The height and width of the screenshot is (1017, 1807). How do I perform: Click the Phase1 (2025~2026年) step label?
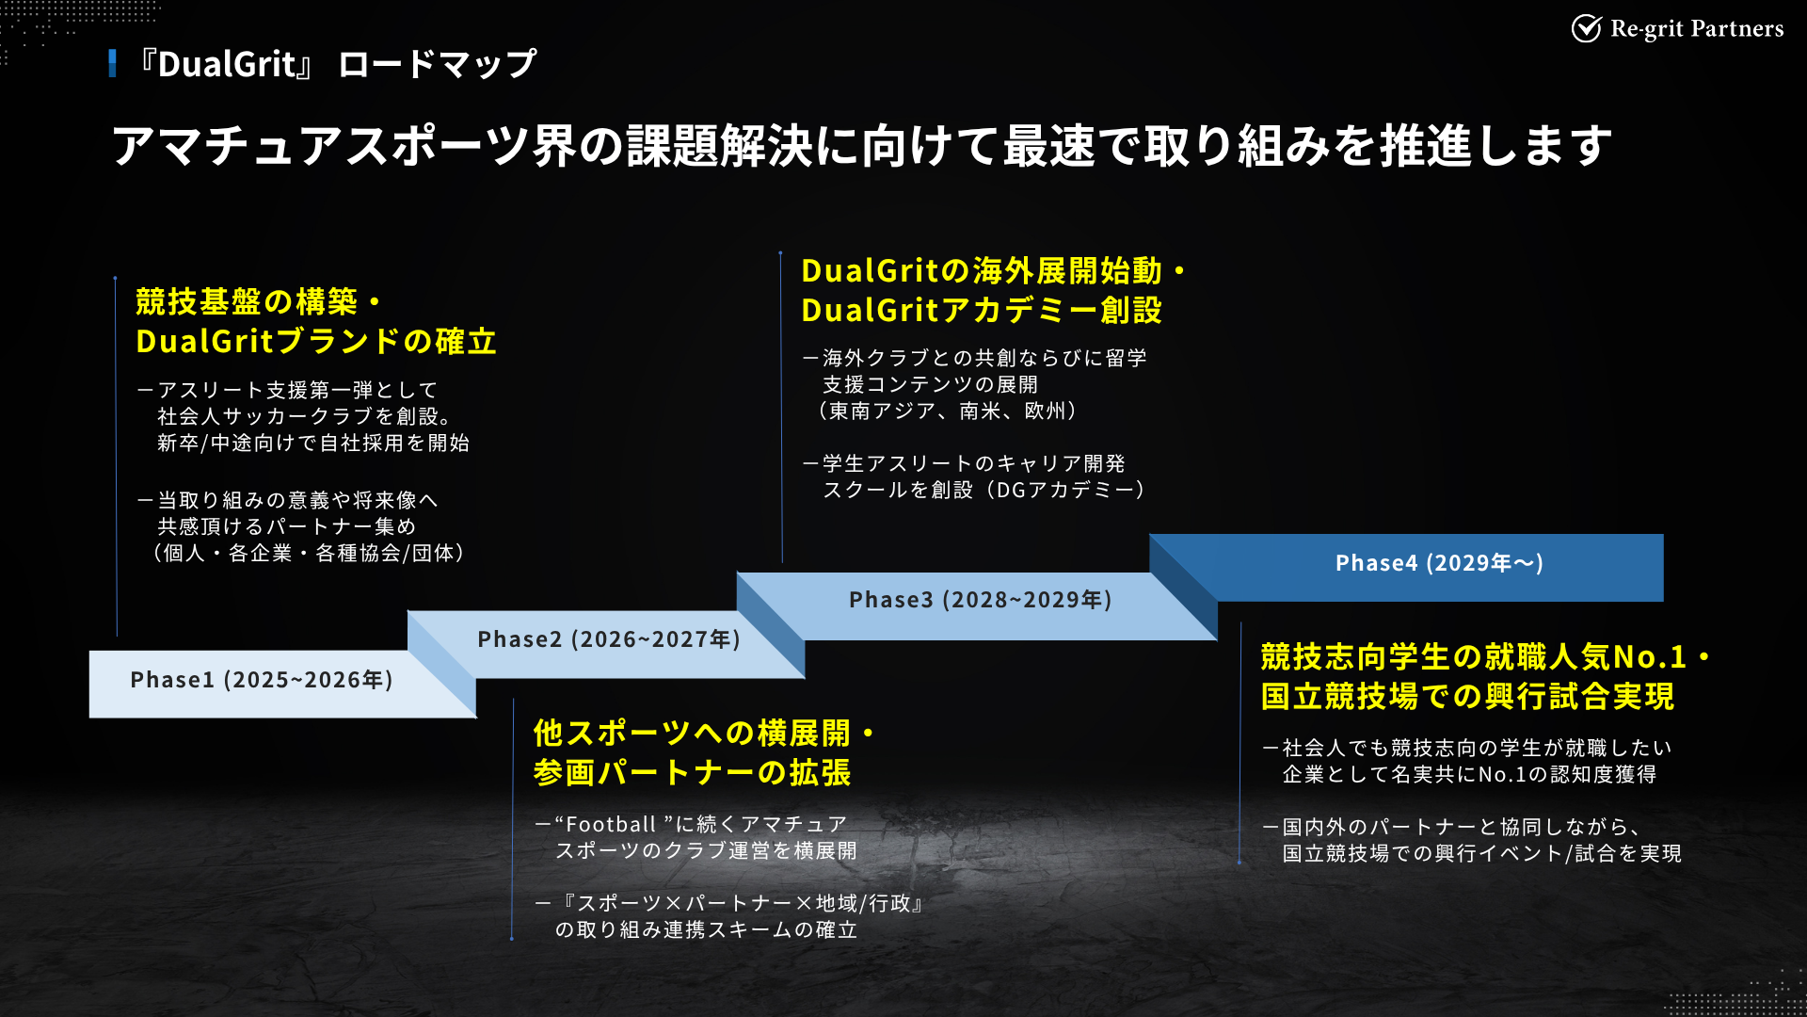(262, 680)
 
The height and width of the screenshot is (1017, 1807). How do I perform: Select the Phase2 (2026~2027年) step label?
(609, 639)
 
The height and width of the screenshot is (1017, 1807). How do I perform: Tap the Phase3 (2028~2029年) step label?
(981, 600)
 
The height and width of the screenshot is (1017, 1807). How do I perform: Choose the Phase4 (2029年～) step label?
(1439, 563)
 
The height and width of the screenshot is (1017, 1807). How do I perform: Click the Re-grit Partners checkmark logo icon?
(1586, 29)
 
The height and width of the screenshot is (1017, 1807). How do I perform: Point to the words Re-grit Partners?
(1697, 29)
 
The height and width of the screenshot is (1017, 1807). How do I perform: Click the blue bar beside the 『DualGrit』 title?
(113, 63)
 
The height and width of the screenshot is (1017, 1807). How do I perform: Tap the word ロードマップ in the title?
(437, 64)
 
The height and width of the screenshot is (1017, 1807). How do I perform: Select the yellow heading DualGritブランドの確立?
(316, 341)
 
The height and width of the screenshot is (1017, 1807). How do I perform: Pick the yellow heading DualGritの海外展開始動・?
(993, 271)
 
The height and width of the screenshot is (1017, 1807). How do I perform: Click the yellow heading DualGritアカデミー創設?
(982, 310)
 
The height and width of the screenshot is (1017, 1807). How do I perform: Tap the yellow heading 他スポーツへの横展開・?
(704, 733)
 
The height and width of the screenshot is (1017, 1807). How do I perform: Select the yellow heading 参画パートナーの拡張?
(692, 772)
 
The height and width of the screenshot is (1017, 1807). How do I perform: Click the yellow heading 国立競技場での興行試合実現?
(1467, 697)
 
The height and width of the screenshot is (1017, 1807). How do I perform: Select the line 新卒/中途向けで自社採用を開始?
(313, 443)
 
